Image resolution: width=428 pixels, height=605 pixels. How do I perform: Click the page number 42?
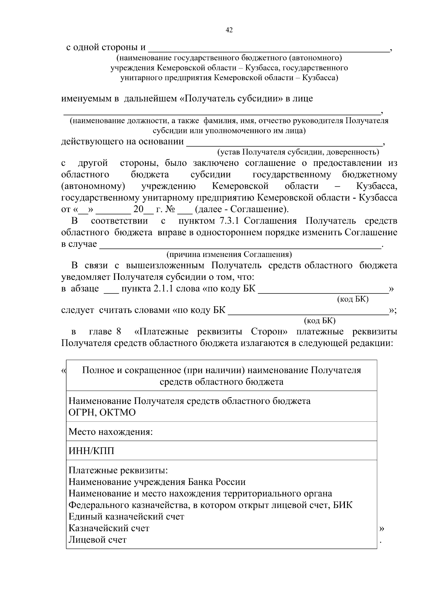coord(229,31)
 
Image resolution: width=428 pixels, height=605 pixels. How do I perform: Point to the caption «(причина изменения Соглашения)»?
coord(229,255)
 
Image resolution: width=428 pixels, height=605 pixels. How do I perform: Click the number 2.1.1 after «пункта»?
coord(163,288)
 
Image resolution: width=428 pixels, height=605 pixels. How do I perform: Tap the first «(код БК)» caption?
coord(352,299)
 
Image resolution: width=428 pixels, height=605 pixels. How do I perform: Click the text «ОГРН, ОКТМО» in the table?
coord(102,412)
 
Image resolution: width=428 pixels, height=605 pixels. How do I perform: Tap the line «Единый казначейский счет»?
coord(126,517)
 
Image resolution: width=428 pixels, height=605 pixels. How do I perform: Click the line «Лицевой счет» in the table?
coord(97,540)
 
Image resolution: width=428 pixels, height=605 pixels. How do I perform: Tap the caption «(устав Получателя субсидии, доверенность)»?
coord(299,152)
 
